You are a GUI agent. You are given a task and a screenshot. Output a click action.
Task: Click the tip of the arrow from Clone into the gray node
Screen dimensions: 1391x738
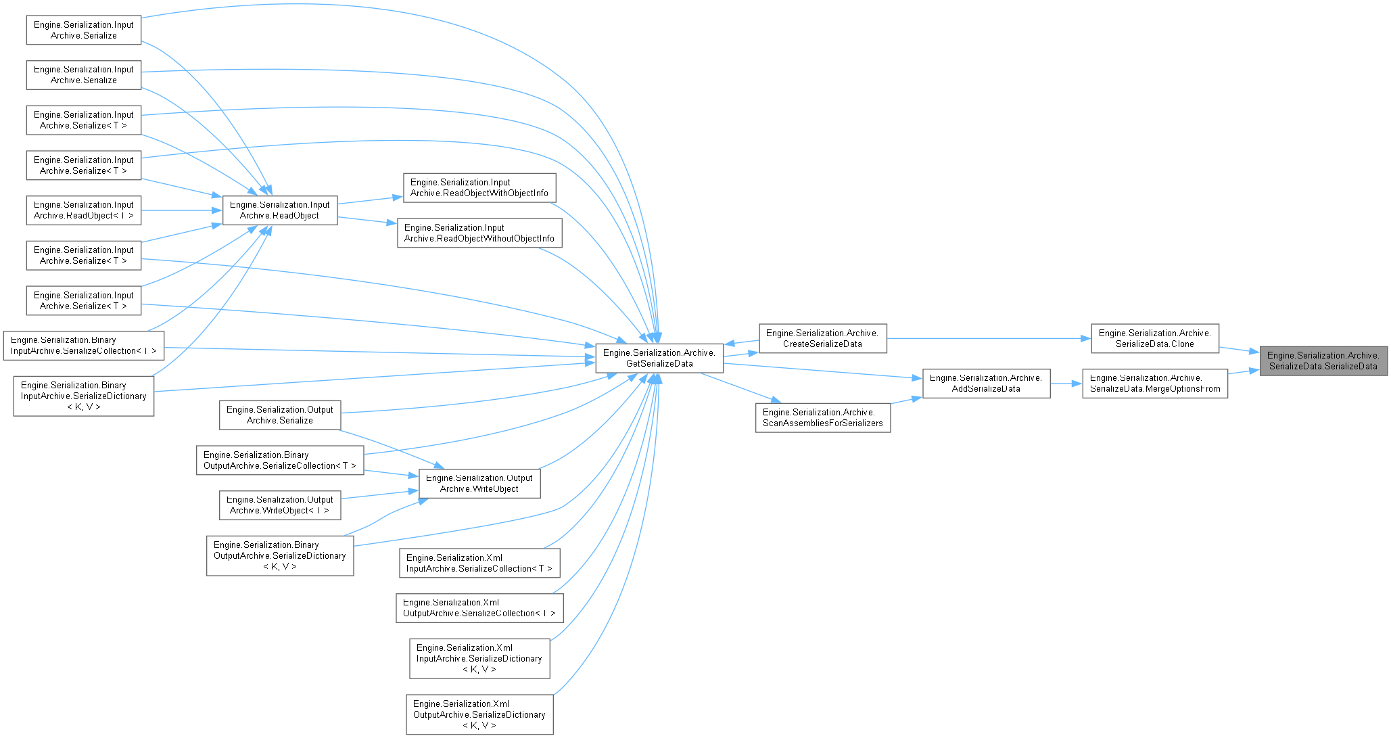coord(1259,352)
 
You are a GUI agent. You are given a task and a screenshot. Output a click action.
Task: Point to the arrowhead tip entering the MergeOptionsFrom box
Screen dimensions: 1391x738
coord(1082,384)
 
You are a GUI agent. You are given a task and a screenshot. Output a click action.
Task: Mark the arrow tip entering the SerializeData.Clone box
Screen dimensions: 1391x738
coord(1091,338)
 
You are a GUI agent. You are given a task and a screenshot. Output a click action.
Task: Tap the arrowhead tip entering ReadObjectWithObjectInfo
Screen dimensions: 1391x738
coord(403,197)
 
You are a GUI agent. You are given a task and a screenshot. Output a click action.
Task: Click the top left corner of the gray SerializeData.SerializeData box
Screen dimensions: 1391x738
coord(1260,346)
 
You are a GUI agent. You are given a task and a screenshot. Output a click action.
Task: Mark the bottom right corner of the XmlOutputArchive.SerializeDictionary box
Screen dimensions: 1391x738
coord(553,734)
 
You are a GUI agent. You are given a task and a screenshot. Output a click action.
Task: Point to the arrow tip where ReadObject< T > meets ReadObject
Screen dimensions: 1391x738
coord(222,210)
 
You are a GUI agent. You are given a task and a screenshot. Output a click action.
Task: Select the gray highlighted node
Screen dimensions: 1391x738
coord(1323,361)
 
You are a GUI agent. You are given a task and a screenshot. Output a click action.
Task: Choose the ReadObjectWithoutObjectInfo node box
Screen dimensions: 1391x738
coord(479,233)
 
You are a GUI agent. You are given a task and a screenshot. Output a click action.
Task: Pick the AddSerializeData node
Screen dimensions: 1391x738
coord(987,384)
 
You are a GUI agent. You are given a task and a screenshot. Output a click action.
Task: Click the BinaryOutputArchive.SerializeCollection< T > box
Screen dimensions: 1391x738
coord(280,460)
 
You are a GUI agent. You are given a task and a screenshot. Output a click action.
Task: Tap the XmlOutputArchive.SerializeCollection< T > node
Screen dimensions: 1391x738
coord(479,608)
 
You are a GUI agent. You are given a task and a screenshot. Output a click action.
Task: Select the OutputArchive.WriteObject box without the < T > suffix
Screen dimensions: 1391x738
coord(479,483)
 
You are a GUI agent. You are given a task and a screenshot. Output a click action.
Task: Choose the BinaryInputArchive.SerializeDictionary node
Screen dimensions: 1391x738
coord(84,396)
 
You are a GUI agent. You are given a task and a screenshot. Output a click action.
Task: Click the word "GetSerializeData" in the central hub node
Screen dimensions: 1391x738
coord(659,363)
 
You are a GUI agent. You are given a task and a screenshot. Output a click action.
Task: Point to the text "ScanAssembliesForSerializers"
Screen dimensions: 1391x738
coord(823,423)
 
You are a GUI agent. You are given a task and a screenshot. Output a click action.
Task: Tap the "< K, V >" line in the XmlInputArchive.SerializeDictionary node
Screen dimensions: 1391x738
coord(479,669)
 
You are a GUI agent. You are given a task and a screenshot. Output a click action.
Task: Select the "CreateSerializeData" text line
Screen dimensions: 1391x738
coord(823,344)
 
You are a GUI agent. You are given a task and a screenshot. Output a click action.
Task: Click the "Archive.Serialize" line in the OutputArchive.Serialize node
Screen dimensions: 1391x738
coord(280,420)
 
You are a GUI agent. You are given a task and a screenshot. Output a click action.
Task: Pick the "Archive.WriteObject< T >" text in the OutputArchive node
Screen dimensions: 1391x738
coord(280,510)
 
